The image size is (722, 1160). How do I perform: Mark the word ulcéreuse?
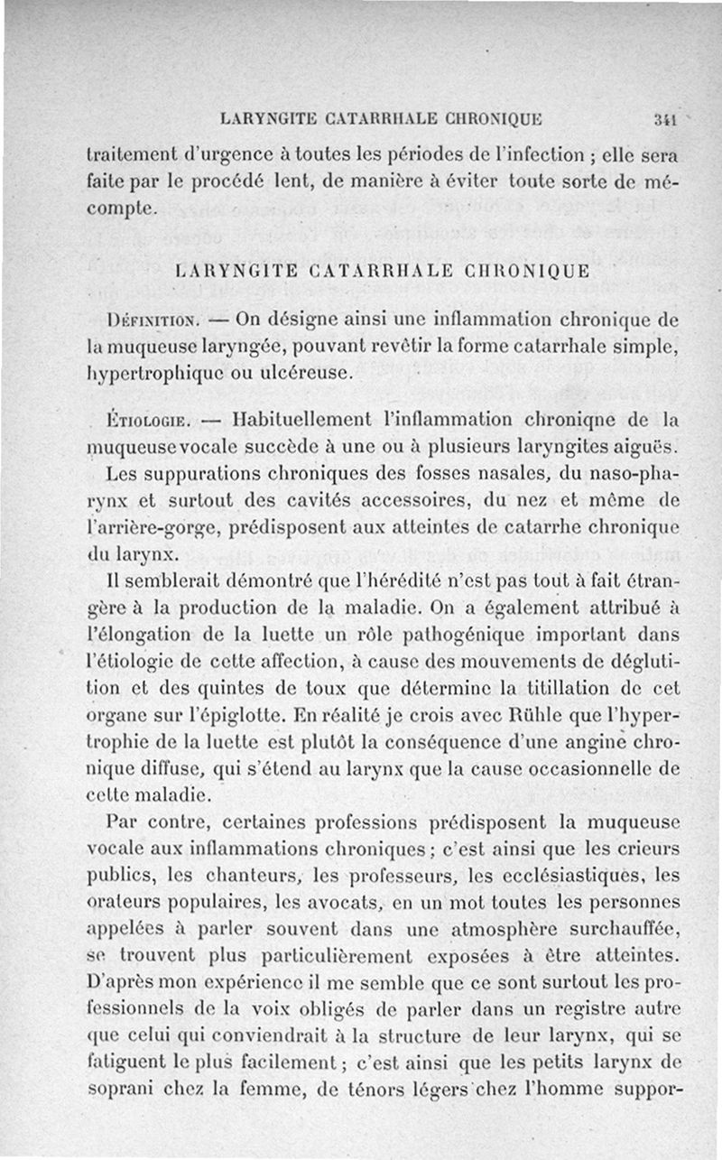(x=304, y=371)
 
